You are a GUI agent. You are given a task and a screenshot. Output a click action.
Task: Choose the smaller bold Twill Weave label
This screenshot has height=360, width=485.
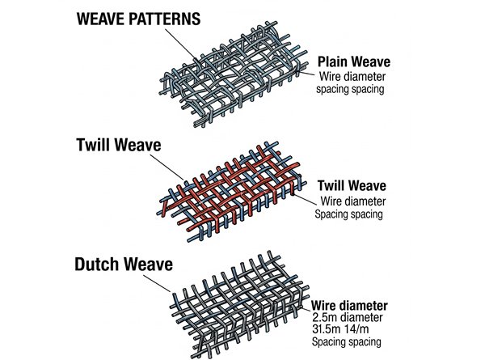click(352, 185)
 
